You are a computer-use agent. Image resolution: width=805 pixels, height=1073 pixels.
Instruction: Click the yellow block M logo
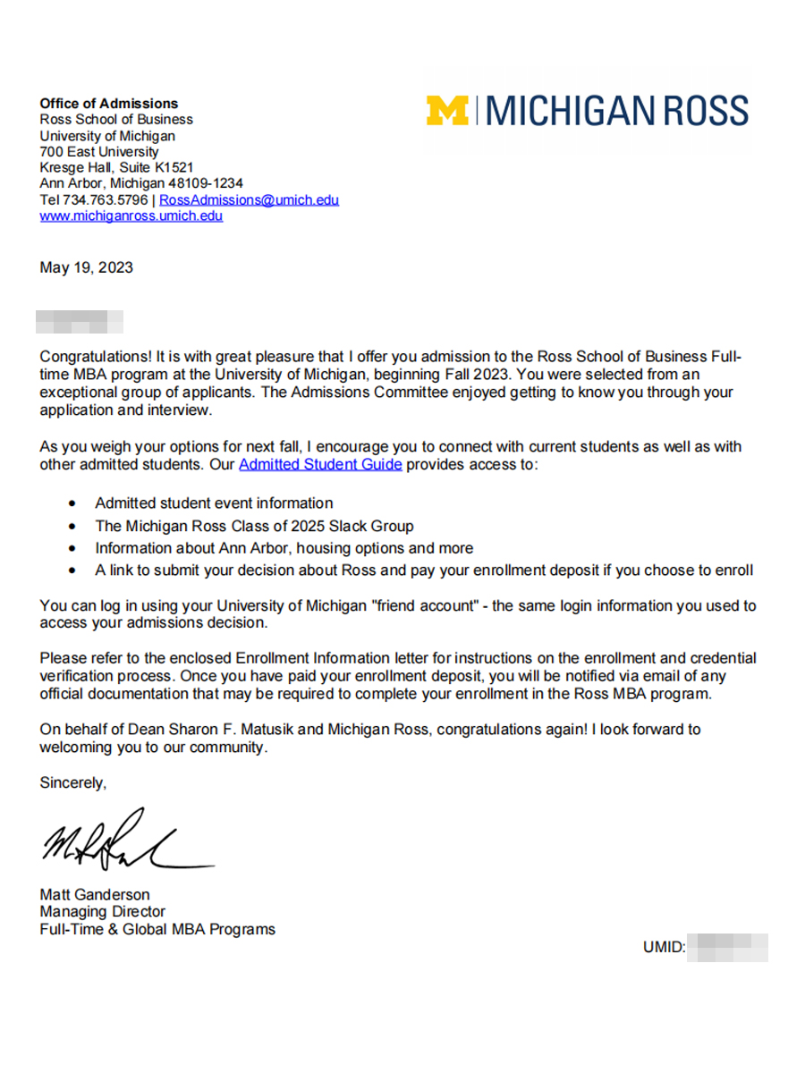tap(447, 110)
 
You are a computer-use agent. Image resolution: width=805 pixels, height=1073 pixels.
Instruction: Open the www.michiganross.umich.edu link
tap(131, 215)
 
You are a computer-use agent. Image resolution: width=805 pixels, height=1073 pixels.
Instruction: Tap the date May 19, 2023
tap(86, 267)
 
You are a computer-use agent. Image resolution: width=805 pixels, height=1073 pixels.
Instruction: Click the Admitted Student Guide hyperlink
tap(320, 464)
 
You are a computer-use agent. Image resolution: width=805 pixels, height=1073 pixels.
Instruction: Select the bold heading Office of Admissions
tap(108, 104)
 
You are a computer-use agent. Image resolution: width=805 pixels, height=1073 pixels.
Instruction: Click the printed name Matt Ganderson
tap(94, 894)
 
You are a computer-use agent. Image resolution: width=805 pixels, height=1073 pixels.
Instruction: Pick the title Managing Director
tap(102, 911)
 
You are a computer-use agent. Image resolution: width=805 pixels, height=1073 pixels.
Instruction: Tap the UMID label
tap(664, 947)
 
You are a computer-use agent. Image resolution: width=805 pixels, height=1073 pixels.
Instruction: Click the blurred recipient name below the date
tap(80, 321)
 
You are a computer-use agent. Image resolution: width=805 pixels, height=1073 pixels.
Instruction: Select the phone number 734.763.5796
tap(105, 200)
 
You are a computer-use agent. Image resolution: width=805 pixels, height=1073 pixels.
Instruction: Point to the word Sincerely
tap(72, 782)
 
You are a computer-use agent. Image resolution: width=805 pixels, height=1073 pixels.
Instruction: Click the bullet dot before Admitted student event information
tap(72, 503)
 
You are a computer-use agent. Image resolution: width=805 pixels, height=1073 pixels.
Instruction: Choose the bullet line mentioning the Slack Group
tap(254, 526)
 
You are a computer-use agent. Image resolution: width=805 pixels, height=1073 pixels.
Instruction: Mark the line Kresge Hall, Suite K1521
tap(116, 167)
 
